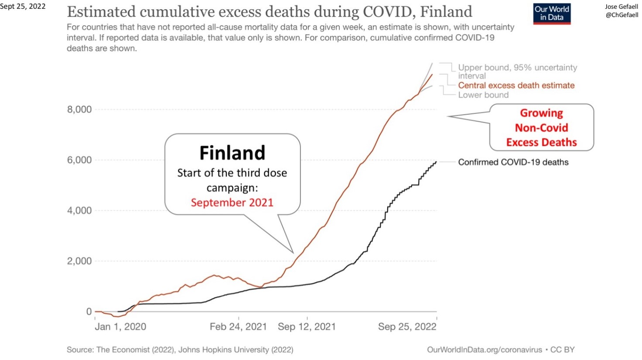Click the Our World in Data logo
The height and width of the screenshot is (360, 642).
coord(552,14)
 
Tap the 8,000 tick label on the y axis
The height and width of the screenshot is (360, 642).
coord(79,110)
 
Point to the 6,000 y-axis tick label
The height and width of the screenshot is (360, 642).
coord(79,160)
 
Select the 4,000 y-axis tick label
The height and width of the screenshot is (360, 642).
coord(79,211)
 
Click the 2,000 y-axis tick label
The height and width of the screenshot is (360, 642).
coord(79,261)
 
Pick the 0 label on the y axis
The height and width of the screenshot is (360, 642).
coord(89,312)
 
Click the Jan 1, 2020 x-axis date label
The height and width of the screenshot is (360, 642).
coord(120,327)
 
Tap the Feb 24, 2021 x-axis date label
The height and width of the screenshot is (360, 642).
coord(238,327)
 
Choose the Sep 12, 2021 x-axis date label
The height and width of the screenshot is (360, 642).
coord(307,327)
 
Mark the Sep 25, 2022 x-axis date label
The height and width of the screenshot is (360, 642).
coord(407,327)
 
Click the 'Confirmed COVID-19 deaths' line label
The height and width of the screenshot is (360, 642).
coord(513,162)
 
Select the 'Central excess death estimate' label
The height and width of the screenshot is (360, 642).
coord(516,86)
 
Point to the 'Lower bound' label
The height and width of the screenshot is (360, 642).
coord(483,95)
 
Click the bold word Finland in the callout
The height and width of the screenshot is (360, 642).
coord(232,153)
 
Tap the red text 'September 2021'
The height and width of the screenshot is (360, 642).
coord(232,202)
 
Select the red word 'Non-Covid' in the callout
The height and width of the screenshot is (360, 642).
coord(541,128)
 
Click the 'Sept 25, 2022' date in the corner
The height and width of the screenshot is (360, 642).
coord(23,7)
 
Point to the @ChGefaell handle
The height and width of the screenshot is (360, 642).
coord(622,15)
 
